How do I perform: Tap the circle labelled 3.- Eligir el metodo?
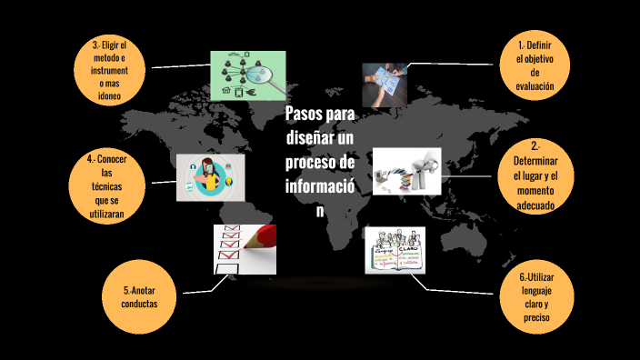[x=110, y=69]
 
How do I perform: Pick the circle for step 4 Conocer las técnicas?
[x=106, y=186]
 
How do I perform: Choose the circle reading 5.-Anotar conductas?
[x=140, y=296]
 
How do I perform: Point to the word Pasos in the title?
[x=302, y=115]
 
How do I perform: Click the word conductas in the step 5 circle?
[x=140, y=304]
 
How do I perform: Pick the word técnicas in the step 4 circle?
[x=106, y=185]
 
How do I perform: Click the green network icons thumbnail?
[x=248, y=75]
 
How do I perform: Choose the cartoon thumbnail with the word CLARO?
[x=395, y=249]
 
